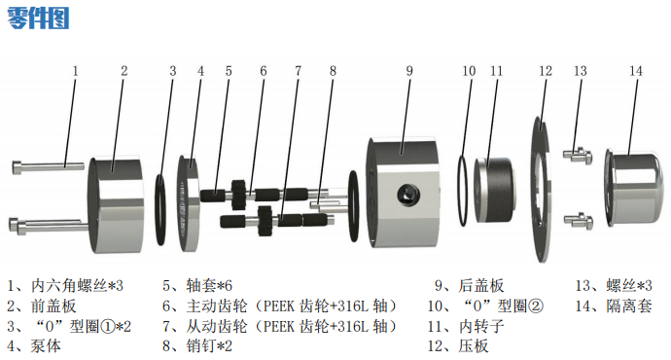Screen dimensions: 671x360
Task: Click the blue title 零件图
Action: point(38,18)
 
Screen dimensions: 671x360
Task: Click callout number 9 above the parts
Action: point(409,71)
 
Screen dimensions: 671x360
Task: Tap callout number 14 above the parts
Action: point(636,71)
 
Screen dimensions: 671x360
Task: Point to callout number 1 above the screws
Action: point(75,71)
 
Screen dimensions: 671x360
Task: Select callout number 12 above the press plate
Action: point(546,71)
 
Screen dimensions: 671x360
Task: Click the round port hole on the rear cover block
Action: point(407,196)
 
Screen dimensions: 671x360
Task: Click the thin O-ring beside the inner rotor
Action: point(463,191)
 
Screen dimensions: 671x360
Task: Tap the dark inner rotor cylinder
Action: point(493,190)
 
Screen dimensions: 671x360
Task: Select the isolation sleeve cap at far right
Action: point(632,187)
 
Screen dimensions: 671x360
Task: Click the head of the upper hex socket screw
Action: point(18,166)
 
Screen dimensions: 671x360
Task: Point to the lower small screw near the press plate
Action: point(579,220)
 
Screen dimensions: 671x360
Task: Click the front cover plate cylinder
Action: point(116,205)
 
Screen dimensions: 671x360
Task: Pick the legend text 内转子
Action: point(481,326)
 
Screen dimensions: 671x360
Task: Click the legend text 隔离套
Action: point(628,306)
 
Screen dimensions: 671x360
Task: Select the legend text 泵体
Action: point(46,345)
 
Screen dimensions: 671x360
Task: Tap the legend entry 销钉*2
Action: point(209,345)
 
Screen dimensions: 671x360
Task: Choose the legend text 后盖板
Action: point(481,285)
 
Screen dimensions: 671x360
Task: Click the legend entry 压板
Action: point(474,345)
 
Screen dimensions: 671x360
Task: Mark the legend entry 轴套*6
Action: point(209,285)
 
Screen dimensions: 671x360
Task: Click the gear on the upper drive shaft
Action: point(238,195)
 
